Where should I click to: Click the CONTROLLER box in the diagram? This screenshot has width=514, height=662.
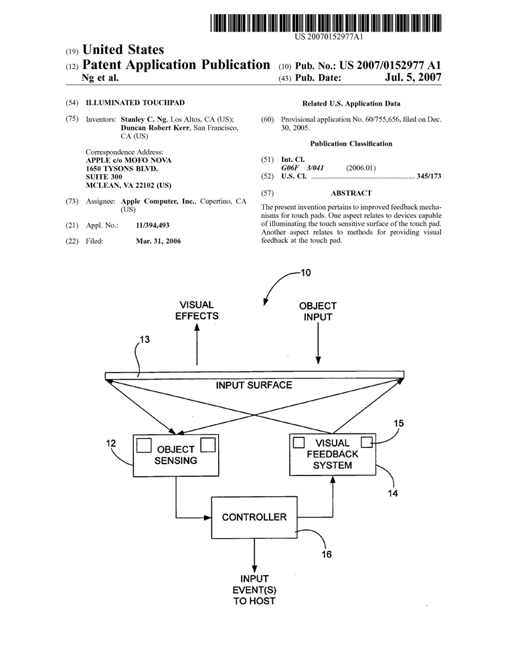click(x=254, y=517)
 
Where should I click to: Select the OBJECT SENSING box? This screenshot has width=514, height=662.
click(x=176, y=455)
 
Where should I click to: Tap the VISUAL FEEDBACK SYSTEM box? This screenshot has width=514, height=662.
click(x=332, y=454)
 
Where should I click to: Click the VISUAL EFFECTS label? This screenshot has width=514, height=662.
click(x=197, y=310)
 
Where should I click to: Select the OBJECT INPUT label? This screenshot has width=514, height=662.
click(x=317, y=311)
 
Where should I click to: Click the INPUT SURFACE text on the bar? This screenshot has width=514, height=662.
click(x=254, y=385)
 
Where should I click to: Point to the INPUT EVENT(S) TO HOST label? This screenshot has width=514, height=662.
click(x=254, y=590)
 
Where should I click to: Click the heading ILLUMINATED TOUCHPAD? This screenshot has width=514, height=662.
click(x=125, y=104)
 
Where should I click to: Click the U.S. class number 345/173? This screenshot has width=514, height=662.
click(x=427, y=177)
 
